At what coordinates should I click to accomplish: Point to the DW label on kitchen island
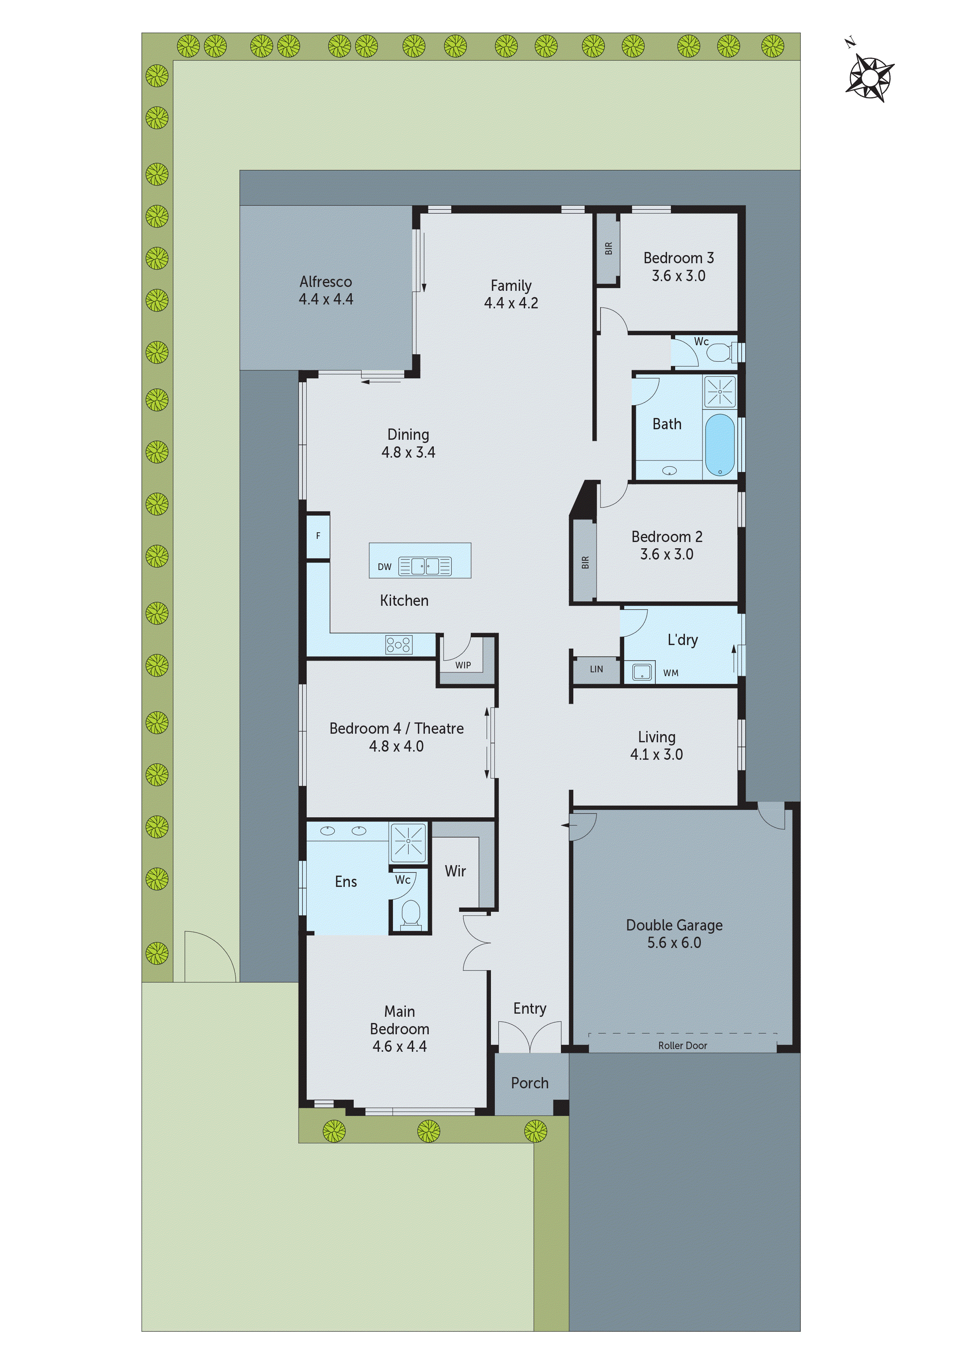384,567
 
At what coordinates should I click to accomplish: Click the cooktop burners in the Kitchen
398,645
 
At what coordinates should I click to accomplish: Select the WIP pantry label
463,665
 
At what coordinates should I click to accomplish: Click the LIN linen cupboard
596,670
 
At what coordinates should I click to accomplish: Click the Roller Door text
683,1046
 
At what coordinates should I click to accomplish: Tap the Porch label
530,1083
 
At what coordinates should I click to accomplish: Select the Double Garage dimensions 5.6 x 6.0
674,943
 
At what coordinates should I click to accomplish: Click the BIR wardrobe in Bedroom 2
585,562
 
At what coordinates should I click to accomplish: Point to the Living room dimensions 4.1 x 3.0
656,754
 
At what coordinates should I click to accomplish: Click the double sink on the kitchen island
425,566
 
